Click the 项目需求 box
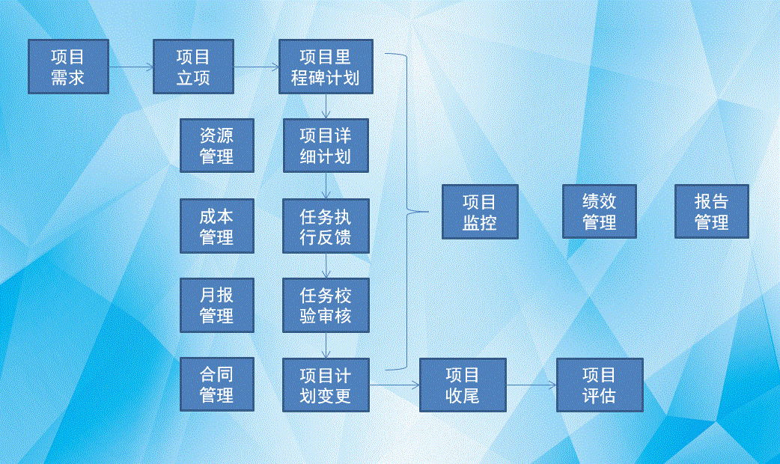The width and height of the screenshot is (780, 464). coord(68,67)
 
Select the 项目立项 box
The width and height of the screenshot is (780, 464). coord(194,67)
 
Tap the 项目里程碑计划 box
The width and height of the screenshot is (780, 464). coord(326,67)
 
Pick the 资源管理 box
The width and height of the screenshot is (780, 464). coord(217,146)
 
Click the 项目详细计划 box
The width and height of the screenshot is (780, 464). coord(326,146)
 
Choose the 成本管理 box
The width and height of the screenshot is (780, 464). coord(217,226)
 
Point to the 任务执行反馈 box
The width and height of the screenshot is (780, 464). coord(326,226)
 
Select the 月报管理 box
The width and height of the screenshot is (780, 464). coord(217,305)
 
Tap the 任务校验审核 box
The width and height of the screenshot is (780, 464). coord(326,305)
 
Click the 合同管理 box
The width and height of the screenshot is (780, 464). coord(217,385)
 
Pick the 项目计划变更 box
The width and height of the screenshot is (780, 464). coord(326,385)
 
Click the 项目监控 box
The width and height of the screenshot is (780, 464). coord(480,212)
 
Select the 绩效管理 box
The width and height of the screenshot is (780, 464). coord(600,211)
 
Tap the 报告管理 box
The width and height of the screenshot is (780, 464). coord(712,211)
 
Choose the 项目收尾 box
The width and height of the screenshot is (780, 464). coord(463,385)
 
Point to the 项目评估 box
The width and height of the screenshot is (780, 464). coord(600,385)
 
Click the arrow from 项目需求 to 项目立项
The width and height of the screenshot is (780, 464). coord(131,67)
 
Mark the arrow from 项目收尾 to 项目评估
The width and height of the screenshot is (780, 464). coord(531,385)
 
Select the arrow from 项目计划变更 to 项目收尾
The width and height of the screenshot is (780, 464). coord(394,385)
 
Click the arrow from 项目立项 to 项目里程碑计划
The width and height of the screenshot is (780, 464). coord(257,67)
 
